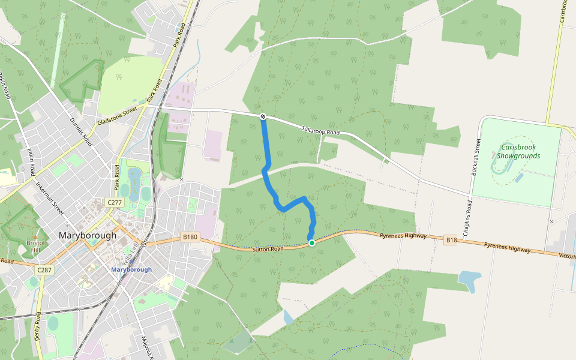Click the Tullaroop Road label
tap(320, 130)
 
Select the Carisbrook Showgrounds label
tap(519, 151)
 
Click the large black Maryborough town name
tap(88, 235)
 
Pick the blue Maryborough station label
tap(131, 269)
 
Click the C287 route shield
tap(44, 270)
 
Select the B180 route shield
tap(190, 237)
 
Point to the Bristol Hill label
tap(36, 245)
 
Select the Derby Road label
tap(37, 326)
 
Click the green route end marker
tap(311, 242)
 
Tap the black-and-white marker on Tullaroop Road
tap(263, 116)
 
